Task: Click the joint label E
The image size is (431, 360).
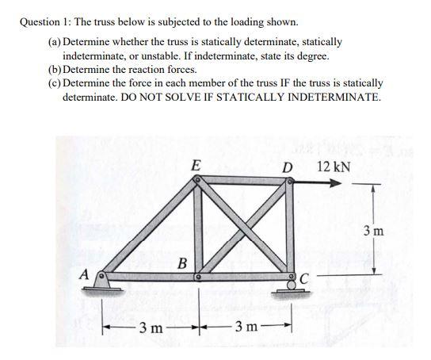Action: click(x=196, y=166)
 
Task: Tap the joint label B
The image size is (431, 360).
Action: click(x=182, y=262)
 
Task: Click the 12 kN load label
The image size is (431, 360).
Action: click(x=334, y=167)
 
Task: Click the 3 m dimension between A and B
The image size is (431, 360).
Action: click(x=151, y=327)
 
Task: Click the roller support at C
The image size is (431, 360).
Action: click(x=291, y=285)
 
